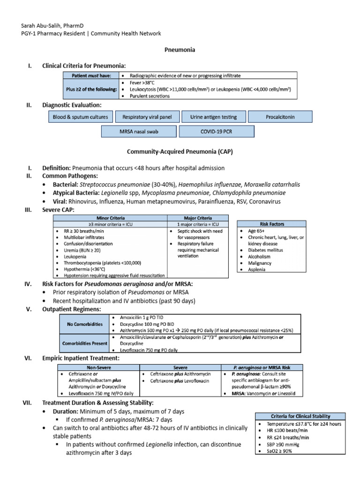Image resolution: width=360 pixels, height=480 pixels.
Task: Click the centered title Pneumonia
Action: (180, 49)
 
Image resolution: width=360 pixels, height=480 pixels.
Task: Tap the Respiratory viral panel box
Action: (146, 117)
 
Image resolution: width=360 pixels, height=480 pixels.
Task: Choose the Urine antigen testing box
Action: (212, 117)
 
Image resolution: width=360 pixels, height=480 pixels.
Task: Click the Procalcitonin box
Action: (279, 117)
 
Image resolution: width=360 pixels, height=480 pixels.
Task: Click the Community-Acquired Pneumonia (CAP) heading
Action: (180, 152)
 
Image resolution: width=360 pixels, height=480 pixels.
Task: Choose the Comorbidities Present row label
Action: (84, 343)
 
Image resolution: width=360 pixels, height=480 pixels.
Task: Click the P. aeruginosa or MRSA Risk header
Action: (263, 367)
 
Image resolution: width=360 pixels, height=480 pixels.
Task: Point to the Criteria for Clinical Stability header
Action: (300, 416)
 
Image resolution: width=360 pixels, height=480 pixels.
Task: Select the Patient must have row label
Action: (89, 75)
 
